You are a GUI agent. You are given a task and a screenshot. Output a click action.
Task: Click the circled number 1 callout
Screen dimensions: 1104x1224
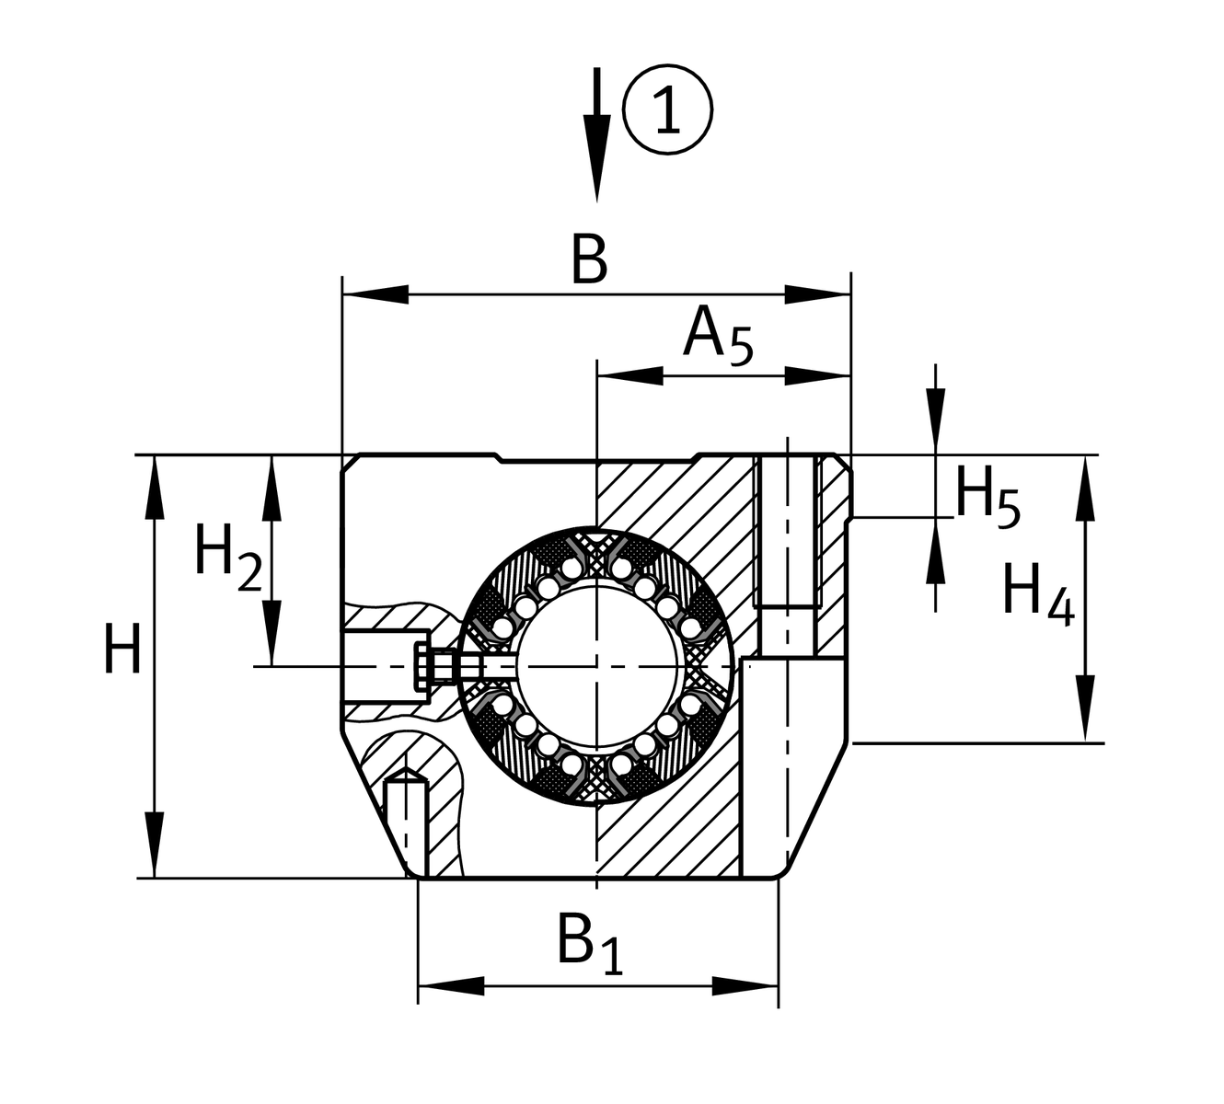(667, 109)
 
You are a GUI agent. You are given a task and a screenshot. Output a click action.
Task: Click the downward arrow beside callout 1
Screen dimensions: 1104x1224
(597, 138)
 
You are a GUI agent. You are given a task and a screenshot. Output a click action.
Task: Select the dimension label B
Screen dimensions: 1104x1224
(589, 259)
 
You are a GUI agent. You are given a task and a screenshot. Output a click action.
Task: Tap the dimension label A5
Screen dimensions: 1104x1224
(718, 336)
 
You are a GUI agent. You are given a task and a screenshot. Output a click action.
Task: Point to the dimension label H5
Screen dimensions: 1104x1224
(987, 498)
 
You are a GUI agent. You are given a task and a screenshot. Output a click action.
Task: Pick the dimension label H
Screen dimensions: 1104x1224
(122, 650)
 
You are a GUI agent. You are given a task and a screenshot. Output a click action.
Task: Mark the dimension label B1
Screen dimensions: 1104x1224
(590, 943)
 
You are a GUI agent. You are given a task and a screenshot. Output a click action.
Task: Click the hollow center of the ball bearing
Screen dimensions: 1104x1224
(598, 663)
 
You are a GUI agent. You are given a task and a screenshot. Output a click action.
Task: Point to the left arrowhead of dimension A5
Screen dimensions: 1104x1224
(629, 375)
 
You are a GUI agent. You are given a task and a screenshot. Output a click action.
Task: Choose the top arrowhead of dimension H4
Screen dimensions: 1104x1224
(1087, 488)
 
